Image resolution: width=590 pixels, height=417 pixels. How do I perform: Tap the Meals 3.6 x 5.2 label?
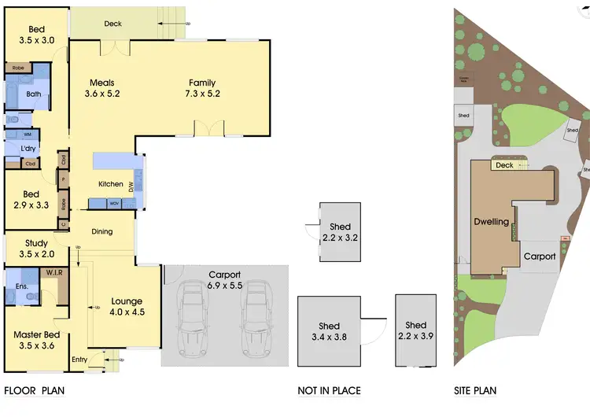tap(102, 88)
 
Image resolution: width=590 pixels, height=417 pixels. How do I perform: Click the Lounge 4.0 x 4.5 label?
tap(127, 307)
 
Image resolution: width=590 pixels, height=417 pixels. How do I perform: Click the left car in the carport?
tap(192, 318)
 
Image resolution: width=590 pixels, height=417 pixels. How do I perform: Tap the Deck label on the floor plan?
tap(113, 24)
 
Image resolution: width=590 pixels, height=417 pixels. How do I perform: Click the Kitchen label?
tap(110, 184)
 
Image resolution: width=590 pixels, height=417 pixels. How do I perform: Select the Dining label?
tap(102, 231)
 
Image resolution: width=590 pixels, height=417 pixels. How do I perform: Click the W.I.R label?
tap(54, 273)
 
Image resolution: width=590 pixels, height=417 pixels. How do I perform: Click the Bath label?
tap(34, 94)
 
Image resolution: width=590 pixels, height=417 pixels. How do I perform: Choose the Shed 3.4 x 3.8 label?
tap(329, 331)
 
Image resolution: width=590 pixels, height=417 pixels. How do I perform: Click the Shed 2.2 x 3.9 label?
tap(415, 330)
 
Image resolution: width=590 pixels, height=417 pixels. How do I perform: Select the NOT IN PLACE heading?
tap(329, 391)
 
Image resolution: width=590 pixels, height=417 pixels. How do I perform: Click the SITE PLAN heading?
tap(475, 391)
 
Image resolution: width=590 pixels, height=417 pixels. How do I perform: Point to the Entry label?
tap(79, 360)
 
